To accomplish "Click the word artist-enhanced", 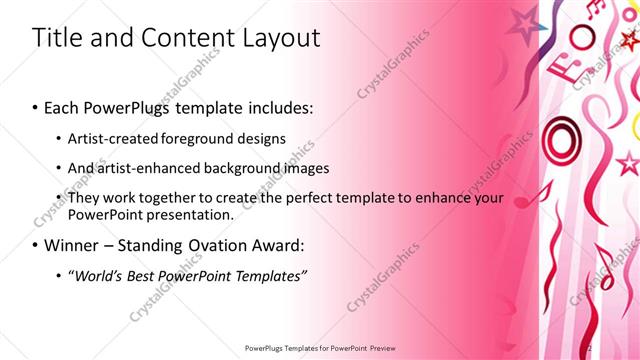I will (x=149, y=167).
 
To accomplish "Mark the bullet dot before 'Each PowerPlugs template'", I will (x=36, y=106).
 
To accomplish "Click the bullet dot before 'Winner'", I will (x=36, y=245).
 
